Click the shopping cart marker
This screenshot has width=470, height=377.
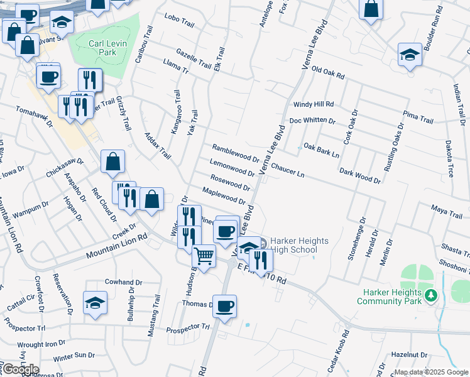204,256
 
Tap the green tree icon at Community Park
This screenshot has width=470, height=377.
430,294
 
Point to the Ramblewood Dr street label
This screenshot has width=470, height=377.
236,153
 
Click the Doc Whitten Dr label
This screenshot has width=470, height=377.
312,121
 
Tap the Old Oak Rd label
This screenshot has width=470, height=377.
329,73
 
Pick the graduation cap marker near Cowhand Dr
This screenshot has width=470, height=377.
95,303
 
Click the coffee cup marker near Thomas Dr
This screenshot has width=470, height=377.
224,307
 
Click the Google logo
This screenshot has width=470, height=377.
21,369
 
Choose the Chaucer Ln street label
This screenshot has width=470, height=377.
288,170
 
